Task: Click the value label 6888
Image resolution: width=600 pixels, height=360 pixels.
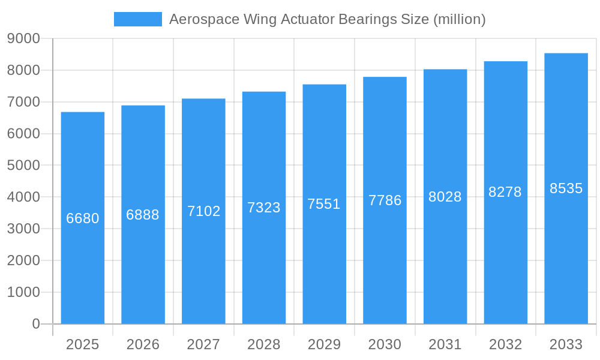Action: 143,215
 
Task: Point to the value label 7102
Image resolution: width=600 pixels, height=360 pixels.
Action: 204,211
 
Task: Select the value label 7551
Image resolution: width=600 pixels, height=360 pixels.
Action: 324,204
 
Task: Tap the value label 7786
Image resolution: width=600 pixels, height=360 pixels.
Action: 385,200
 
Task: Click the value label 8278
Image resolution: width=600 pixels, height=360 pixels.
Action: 505,192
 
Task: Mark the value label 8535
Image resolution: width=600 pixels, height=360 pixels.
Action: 566,188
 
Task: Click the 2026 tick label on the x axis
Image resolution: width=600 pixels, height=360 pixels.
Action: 143,344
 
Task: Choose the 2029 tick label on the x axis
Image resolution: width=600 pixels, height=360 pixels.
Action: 324,344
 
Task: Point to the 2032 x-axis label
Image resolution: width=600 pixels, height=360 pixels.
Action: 505,344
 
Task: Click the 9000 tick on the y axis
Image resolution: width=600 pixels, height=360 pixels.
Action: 23,39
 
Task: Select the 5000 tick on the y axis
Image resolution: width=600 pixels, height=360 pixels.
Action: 23,166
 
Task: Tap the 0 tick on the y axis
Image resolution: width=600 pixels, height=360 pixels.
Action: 35,324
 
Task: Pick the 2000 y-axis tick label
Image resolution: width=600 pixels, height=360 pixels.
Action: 23,260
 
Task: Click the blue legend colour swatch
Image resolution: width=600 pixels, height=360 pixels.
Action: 138,19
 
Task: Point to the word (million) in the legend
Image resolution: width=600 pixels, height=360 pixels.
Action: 458,19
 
